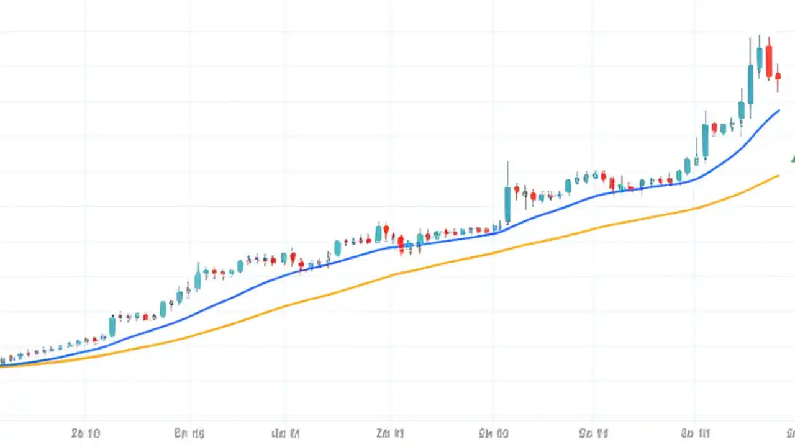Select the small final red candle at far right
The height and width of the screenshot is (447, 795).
coord(778,76)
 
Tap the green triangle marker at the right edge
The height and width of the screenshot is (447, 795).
coord(793,158)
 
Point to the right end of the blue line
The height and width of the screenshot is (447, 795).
coord(778,111)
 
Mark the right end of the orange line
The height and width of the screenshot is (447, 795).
coord(778,176)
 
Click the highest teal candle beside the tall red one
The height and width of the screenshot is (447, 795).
coord(759,57)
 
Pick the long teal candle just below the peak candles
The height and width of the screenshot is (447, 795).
coord(750,84)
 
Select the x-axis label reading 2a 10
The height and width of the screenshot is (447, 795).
coord(85,433)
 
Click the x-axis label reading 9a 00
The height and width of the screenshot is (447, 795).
coord(494,433)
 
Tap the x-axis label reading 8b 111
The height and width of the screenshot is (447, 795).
coord(696,433)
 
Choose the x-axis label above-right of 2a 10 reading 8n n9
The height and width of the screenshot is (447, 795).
coord(189,433)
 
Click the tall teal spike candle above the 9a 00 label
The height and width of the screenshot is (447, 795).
coord(507,204)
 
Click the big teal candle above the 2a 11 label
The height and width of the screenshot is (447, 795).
coord(378,233)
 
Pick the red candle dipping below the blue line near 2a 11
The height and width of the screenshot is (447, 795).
coord(401,243)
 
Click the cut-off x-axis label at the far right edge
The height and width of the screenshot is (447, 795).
coord(791,433)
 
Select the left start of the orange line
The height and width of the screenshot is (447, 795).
coord(2,366)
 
